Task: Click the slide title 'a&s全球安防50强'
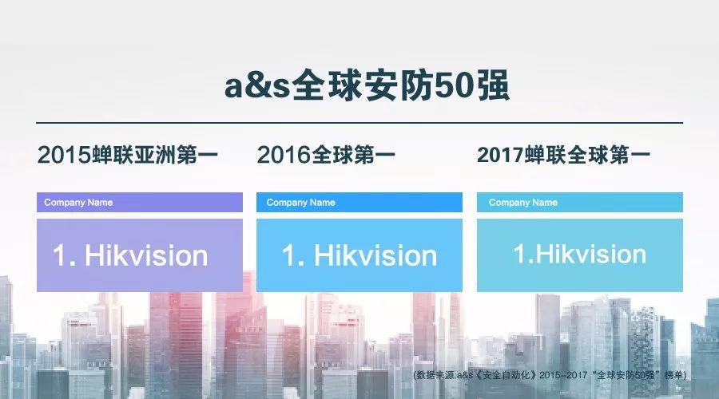pyautogui.click(x=367, y=85)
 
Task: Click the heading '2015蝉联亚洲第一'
pyautogui.click(x=128, y=154)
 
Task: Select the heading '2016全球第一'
pyautogui.click(x=326, y=154)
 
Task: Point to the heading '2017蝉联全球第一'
pyautogui.click(x=563, y=155)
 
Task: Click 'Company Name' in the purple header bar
pyautogui.click(x=78, y=203)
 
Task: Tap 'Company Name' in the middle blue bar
pyautogui.click(x=301, y=203)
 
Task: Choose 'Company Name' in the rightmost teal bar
pyautogui.click(x=523, y=203)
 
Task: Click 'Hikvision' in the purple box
pyautogui.click(x=146, y=255)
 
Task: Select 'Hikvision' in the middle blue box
pyautogui.click(x=375, y=255)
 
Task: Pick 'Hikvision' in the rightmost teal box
pyautogui.click(x=591, y=254)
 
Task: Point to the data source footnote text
pyautogui.click(x=550, y=375)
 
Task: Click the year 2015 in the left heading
pyautogui.click(x=64, y=155)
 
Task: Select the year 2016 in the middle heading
pyautogui.click(x=284, y=155)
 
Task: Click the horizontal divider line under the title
pyautogui.click(x=359, y=123)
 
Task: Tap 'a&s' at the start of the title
pyautogui.click(x=257, y=86)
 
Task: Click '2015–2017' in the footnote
pyautogui.click(x=563, y=375)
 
